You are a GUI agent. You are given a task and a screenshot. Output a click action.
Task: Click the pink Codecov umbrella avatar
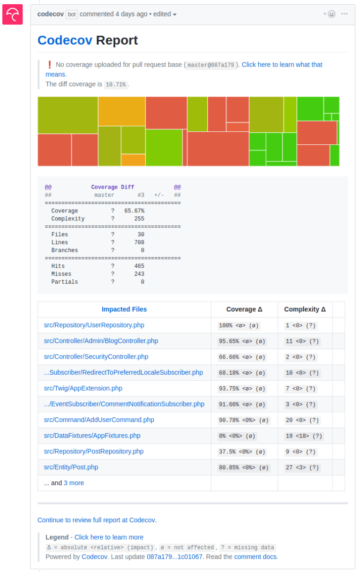(x=13, y=15)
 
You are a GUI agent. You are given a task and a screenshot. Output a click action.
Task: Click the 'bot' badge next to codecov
(x=72, y=14)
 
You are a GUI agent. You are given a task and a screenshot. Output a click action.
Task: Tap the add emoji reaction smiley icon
(x=329, y=14)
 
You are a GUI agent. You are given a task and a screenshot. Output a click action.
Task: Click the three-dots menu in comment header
(x=345, y=14)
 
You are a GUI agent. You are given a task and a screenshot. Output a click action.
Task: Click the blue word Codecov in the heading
(x=65, y=40)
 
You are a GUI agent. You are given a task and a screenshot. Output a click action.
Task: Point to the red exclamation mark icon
(x=49, y=65)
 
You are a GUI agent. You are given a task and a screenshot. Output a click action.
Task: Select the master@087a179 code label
(x=210, y=65)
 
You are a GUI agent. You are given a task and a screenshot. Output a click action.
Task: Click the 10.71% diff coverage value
(x=116, y=84)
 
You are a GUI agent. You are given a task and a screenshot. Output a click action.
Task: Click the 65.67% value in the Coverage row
(x=134, y=211)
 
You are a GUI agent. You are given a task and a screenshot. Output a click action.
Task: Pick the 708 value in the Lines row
(x=139, y=242)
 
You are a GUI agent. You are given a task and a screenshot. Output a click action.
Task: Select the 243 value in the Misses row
(x=139, y=274)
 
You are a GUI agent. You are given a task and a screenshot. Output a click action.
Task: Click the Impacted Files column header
(x=124, y=309)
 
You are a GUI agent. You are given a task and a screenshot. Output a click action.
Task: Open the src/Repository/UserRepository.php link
(x=94, y=325)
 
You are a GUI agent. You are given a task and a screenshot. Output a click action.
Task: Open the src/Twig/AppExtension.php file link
(x=83, y=388)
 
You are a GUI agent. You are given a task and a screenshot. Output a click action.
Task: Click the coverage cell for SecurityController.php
(x=242, y=357)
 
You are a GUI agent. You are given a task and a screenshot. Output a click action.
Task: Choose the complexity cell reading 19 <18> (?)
(x=304, y=436)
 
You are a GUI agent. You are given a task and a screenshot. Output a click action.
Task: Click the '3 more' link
(x=74, y=483)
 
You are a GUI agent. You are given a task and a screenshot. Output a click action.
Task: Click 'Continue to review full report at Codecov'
(x=97, y=520)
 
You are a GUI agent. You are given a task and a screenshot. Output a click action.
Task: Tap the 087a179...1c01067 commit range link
(x=174, y=557)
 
